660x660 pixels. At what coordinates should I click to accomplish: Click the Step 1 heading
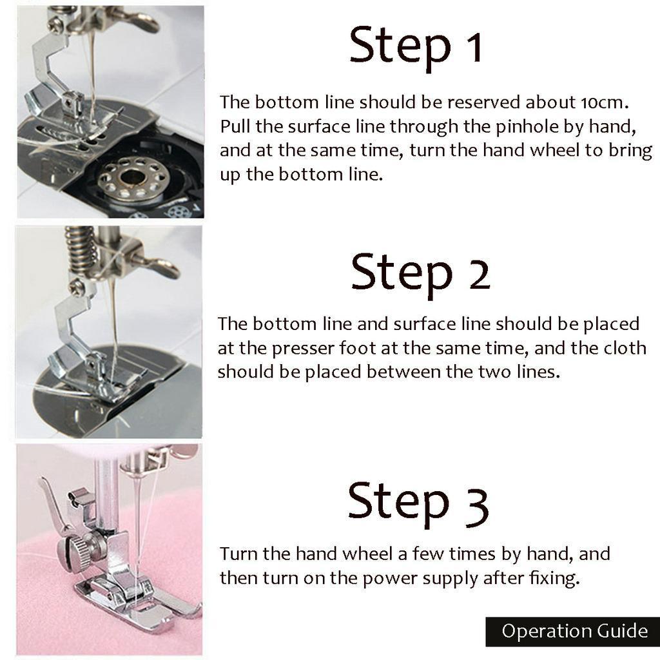[416, 46]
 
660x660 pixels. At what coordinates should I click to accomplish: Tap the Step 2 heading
[420, 273]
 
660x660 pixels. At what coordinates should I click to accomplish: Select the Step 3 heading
[418, 501]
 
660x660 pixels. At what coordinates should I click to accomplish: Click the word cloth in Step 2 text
[625, 348]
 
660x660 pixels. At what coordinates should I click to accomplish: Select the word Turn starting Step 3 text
[239, 554]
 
